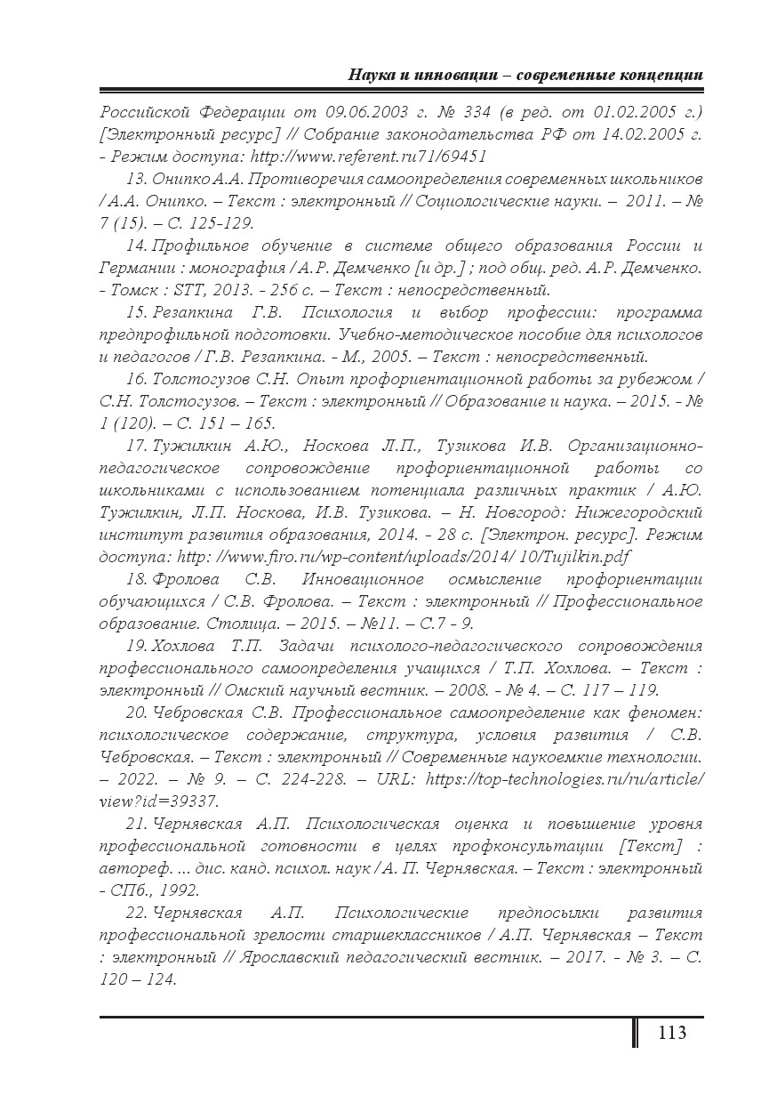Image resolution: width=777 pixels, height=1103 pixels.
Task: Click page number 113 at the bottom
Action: coord(672,1033)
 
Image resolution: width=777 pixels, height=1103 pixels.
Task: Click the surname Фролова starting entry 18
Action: coord(186,580)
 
